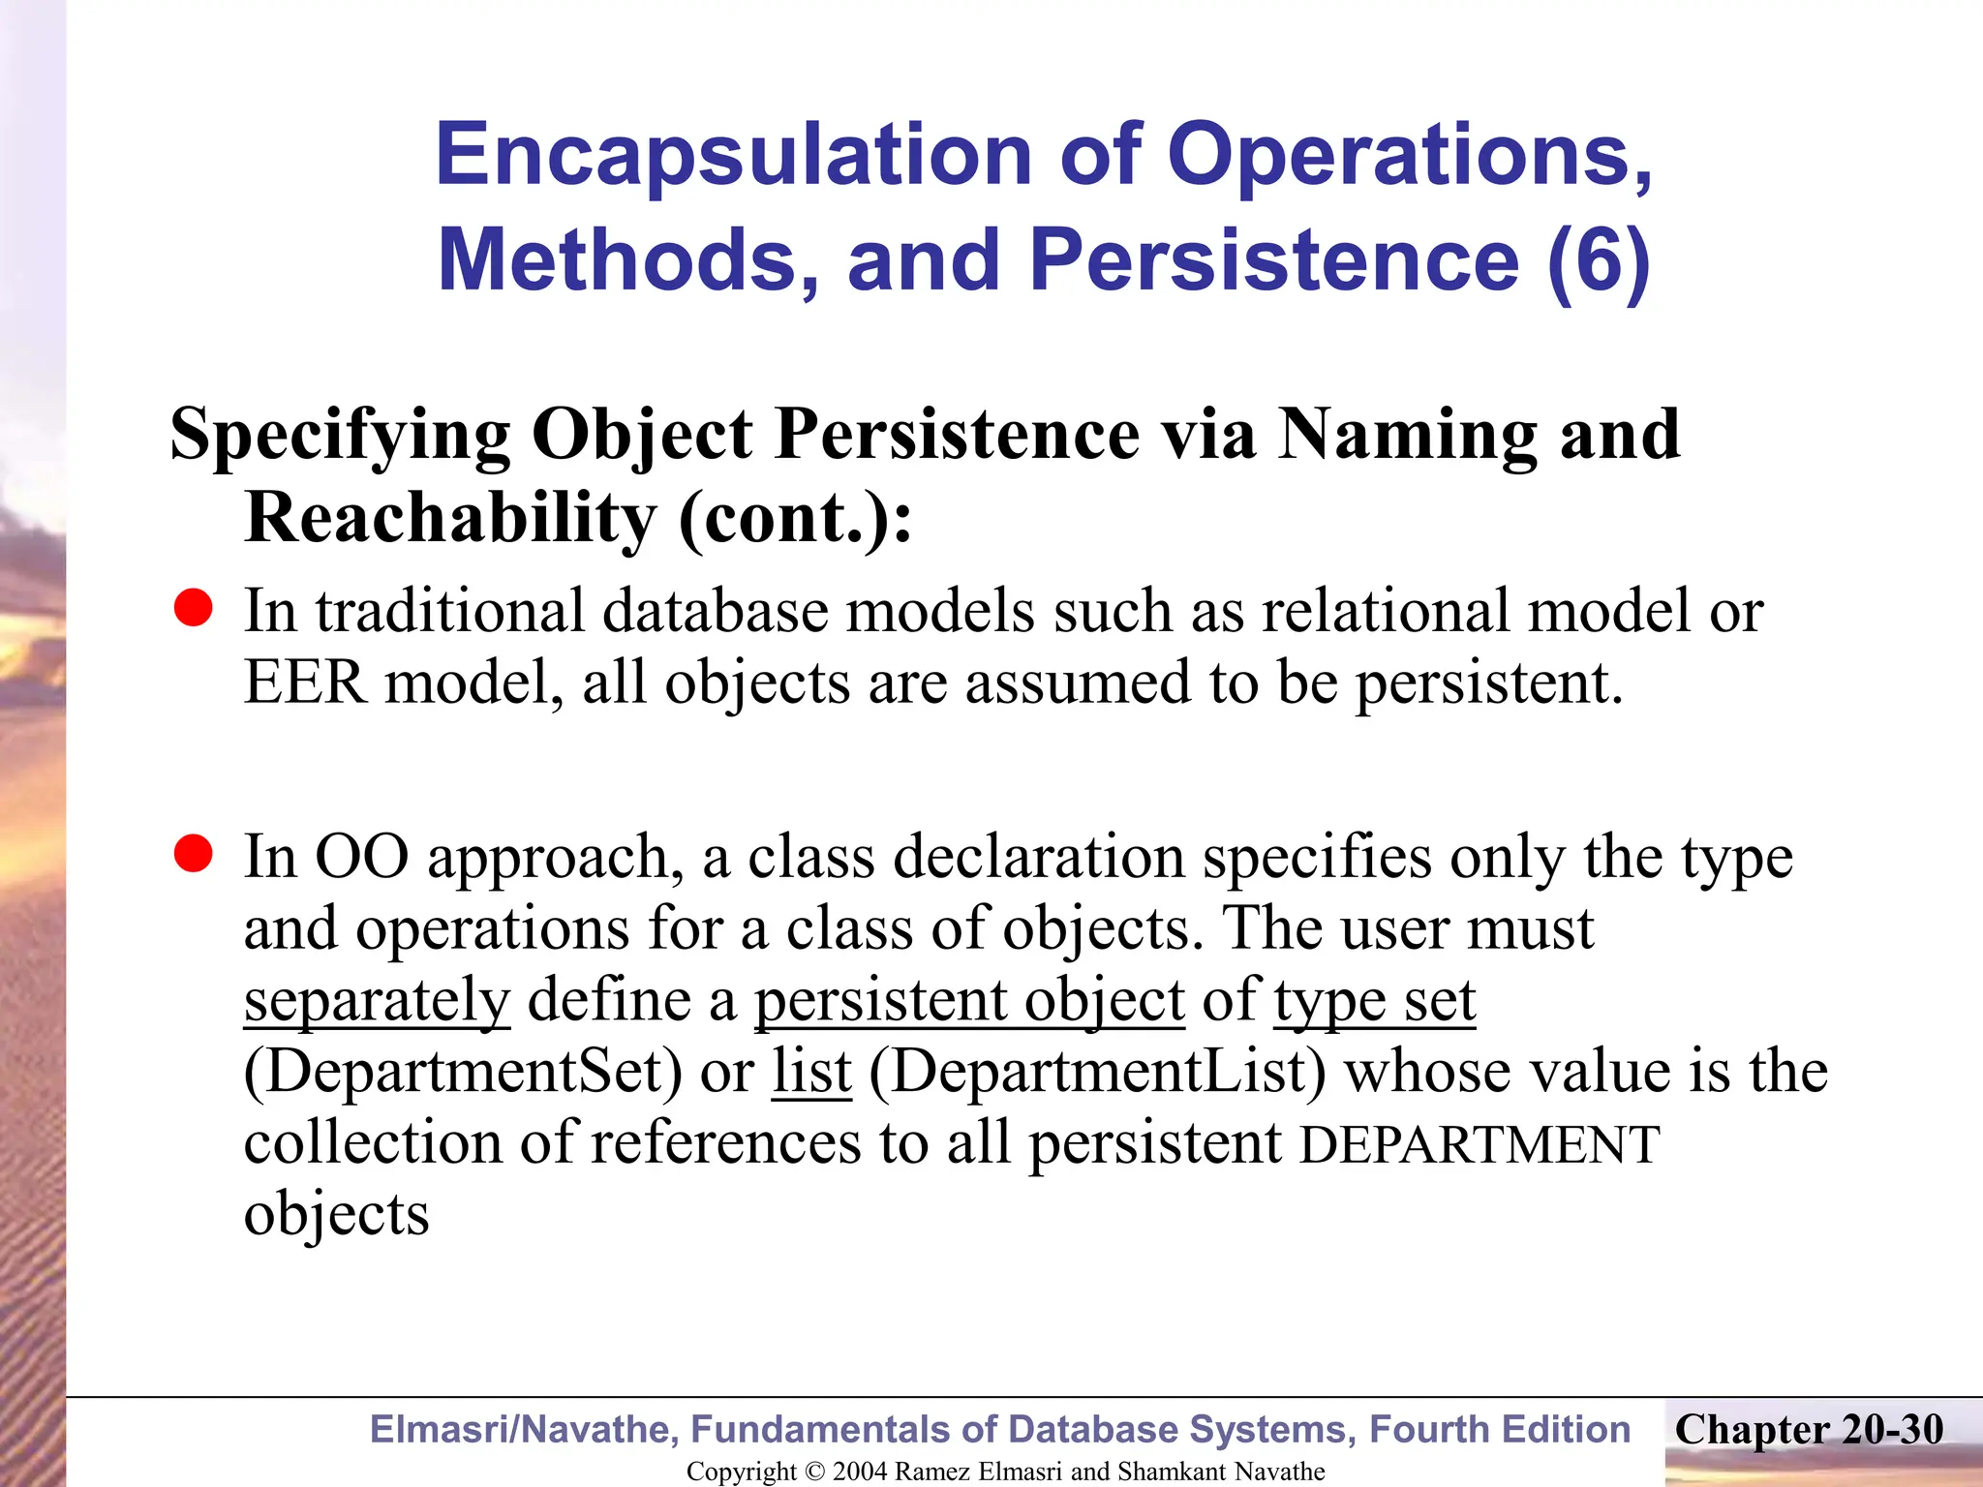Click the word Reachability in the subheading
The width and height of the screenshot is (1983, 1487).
[x=450, y=517]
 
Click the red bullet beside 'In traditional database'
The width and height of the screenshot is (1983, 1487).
[x=194, y=609]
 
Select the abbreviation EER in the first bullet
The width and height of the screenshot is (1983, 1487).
[x=305, y=682]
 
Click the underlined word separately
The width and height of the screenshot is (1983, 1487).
[x=377, y=1000]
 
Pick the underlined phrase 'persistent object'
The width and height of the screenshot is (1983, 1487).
[x=969, y=1000]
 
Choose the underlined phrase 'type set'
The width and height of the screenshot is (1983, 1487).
[x=1375, y=1000]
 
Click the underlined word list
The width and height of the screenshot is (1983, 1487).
[x=811, y=1072]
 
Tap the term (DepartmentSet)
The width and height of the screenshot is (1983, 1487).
[x=463, y=1072]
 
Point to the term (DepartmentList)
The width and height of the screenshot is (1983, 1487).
[x=1097, y=1072]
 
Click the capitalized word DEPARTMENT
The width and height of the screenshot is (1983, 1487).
[x=1480, y=1145]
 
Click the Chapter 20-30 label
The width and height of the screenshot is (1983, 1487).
[x=1809, y=1430]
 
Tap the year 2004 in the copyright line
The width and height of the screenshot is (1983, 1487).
[x=859, y=1472]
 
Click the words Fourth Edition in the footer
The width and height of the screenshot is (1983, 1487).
[x=1500, y=1430]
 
